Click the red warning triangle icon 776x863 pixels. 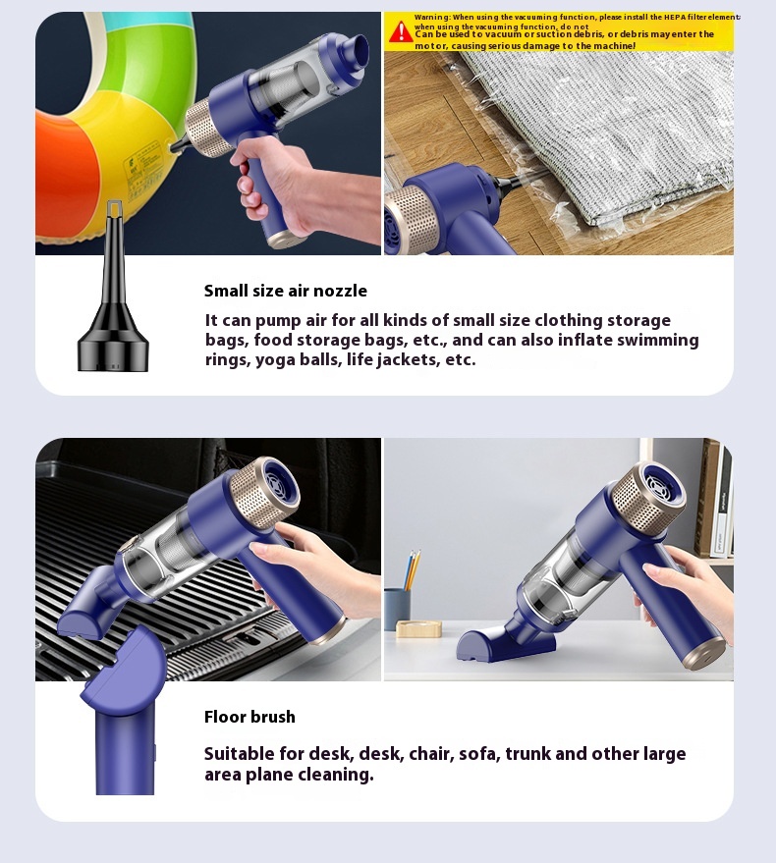[x=401, y=31]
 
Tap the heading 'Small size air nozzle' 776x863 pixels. [x=285, y=291]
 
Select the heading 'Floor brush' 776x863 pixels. [x=249, y=717]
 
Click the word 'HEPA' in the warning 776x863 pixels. [x=675, y=17]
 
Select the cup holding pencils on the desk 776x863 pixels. [x=397, y=609]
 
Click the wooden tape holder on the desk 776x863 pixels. [x=418, y=628]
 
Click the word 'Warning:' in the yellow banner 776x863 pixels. [x=433, y=17]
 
